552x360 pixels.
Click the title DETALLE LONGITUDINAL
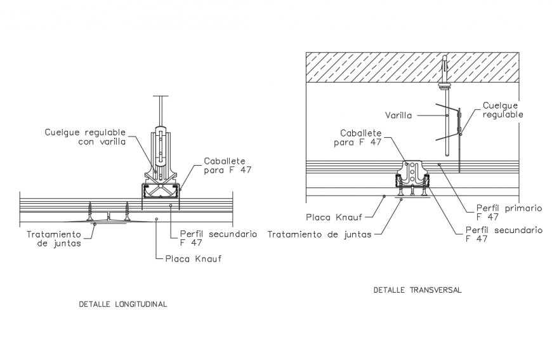click(122, 304)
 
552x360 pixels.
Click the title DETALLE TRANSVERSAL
click(417, 290)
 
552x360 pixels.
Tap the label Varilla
click(398, 116)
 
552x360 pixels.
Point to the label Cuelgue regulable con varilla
click(85, 137)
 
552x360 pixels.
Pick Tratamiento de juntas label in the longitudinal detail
click(54, 238)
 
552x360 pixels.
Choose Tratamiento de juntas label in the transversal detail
click(319, 234)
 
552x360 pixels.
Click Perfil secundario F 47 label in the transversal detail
click(503, 234)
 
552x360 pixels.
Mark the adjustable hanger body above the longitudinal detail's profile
click(159, 152)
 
